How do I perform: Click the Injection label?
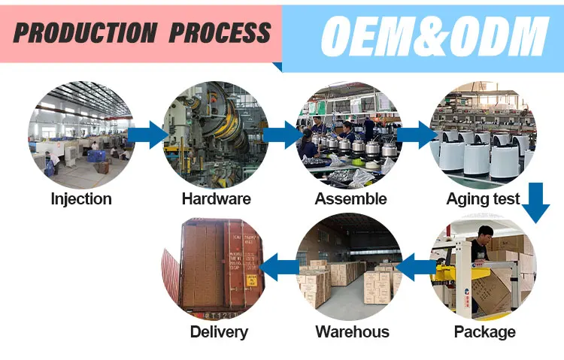coord(81,199)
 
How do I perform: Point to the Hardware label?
coord(216,199)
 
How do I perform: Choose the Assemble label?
coord(350,199)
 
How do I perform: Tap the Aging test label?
coord(483,199)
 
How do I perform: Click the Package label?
coord(485,331)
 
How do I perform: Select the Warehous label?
coord(352,331)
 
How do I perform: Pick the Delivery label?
coord(219,331)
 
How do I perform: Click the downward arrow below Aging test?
coord(535,202)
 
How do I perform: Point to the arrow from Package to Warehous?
coord(414,265)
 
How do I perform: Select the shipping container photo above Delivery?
coord(215,267)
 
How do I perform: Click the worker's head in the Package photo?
coord(487,233)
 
